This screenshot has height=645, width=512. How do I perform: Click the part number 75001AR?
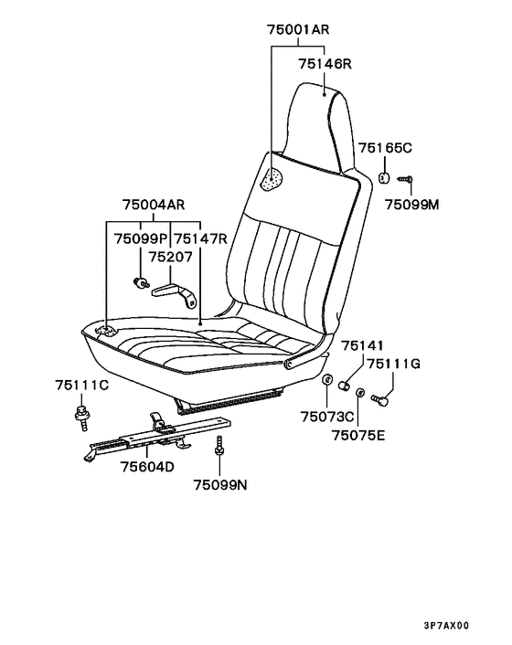point(298,29)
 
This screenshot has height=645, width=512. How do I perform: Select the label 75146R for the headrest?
point(325,64)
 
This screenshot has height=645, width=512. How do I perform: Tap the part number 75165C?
point(385,148)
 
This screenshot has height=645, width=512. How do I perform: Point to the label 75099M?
point(412,205)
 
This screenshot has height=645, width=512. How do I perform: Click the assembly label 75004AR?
point(154,205)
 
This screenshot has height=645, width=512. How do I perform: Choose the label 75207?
point(170,257)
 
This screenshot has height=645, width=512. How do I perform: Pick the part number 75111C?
point(81,385)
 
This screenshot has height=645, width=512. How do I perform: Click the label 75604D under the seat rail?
point(147,467)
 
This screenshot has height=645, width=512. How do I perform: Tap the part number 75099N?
point(220,485)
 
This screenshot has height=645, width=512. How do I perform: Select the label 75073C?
point(327,417)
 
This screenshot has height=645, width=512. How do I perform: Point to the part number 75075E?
point(358,435)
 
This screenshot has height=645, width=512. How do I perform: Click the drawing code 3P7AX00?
point(446,626)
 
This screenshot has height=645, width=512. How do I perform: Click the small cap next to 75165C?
point(384,178)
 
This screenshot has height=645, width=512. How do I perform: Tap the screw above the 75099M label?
point(405,179)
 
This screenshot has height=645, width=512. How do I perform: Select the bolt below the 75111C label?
point(82,418)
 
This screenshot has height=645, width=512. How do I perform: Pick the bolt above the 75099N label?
point(219,446)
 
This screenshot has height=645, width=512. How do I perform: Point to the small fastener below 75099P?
point(141,283)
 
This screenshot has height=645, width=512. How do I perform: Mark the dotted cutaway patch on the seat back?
point(272,180)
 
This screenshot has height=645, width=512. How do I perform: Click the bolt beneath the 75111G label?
point(379,400)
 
